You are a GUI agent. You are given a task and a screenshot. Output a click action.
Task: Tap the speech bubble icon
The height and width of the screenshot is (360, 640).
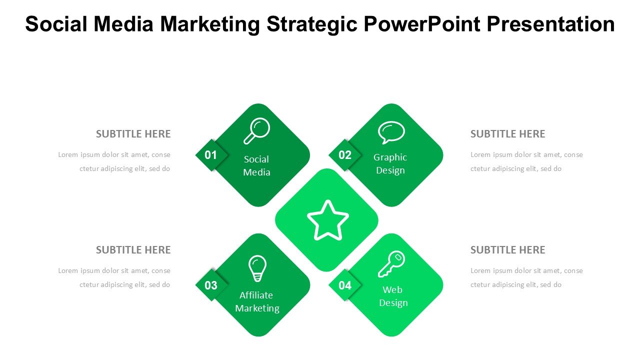click(x=391, y=132)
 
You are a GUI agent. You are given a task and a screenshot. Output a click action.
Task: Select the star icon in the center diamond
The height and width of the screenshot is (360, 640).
click(x=327, y=220)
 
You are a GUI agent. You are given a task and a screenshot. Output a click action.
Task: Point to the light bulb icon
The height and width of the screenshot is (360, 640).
click(x=257, y=268)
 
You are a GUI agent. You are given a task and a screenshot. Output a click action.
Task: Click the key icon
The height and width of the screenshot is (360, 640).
click(x=391, y=264)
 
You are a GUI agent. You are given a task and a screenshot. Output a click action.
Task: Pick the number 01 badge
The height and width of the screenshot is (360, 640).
click(x=211, y=155)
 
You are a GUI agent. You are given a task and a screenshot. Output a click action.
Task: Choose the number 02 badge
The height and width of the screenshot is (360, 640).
click(x=345, y=155)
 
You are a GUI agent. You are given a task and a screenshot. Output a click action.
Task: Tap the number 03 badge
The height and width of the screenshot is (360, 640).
click(x=211, y=285)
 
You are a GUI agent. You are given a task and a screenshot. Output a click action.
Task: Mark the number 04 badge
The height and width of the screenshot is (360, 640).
click(x=345, y=285)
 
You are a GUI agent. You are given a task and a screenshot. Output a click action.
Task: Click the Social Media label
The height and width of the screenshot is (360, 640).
click(x=256, y=165)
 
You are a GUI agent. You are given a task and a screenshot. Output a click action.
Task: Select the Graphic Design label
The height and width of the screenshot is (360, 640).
click(x=390, y=163)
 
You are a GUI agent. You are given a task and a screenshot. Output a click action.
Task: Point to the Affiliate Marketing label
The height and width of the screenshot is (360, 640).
click(x=257, y=301)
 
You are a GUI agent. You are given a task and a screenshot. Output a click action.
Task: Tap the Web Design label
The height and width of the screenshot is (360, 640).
click(x=393, y=296)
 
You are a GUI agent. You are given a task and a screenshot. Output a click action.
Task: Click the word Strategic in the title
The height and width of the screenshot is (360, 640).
click(x=312, y=24)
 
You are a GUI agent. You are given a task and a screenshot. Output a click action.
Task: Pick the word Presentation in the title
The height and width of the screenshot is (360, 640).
click(x=551, y=24)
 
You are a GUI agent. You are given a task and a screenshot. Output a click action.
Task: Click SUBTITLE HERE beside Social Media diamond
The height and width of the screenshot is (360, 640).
click(x=133, y=134)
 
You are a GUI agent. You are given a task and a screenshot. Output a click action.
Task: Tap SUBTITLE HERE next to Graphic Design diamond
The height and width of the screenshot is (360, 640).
click(x=507, y=134)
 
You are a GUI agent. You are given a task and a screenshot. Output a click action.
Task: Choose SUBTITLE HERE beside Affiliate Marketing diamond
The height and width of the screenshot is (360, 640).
click(x=133, y=250)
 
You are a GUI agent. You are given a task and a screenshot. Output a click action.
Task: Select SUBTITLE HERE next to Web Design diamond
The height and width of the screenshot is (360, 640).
click(x=507, y=250)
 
